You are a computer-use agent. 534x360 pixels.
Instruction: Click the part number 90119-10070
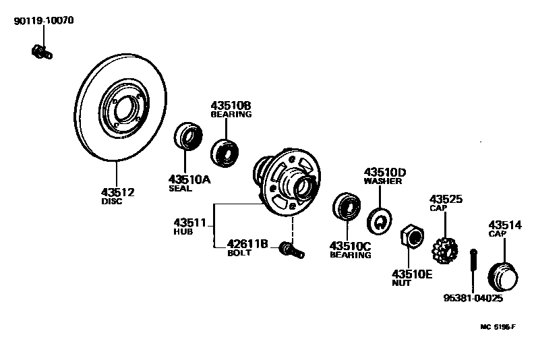tap(44, 21)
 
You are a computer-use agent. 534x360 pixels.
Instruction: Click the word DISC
tap(112, 202)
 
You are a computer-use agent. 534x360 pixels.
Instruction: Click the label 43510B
tap(231, 106)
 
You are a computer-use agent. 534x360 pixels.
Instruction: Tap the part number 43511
tap(189, 222)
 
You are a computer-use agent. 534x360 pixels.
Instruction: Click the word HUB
tap(183, 232)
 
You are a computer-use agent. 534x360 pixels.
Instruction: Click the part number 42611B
tap(247, 244)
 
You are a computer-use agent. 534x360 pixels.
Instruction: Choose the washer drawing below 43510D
tap(379, 220)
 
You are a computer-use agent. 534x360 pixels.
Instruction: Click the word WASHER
tap(382, 181)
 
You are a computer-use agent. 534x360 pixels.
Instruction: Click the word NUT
tap(401, 283)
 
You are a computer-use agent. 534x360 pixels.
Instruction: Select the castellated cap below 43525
tap(445, 251)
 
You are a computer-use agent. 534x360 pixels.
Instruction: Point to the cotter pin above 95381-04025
tap(473, 267)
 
